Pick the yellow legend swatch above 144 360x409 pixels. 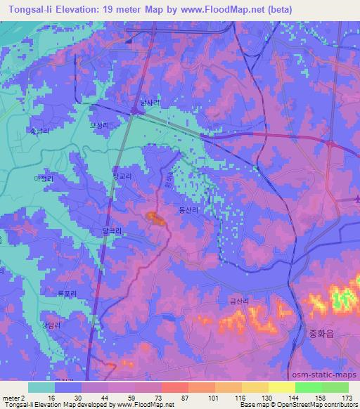pyautogui.click(x=282, y=387)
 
